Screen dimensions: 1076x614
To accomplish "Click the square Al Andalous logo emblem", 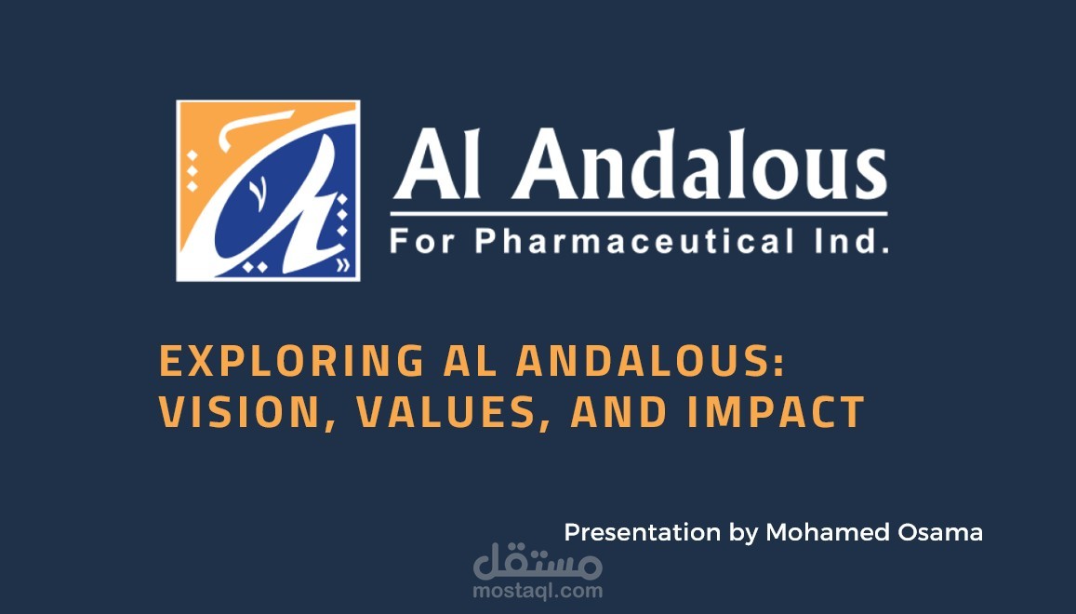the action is (269, 190).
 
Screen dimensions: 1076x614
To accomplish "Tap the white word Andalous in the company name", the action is (700, 164).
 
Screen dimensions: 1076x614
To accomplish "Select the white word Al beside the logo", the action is (437, 164).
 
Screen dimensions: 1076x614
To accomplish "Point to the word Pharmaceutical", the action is (635, 241).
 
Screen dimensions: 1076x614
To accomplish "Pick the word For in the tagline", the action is (422, 242).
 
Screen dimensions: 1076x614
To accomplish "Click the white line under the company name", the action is (639, 214).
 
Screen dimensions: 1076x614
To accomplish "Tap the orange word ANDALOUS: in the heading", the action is (651, 361).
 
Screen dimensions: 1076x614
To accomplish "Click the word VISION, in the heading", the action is (247, 412).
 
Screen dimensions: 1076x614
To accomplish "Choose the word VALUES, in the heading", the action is (454, 412).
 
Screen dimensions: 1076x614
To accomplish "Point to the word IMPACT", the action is (776, 411).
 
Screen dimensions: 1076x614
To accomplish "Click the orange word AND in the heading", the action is (619, 411).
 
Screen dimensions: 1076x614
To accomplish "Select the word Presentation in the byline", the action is (643, 532).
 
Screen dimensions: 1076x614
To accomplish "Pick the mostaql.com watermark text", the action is (538, 591).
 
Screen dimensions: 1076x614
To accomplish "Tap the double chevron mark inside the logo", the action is (343, 265).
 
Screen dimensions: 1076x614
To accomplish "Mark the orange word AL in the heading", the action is (471, 361).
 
